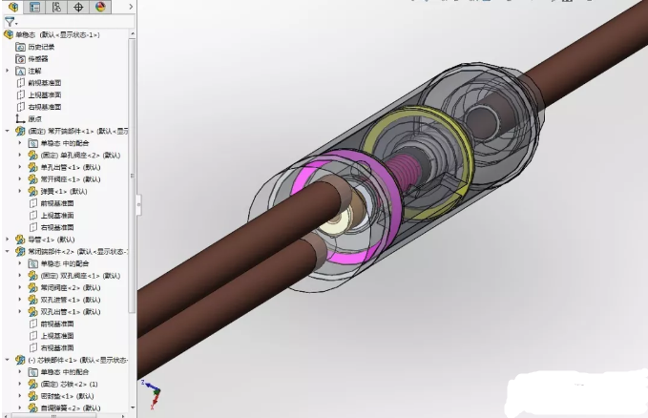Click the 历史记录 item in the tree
tap(41, 47)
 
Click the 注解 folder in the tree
tap(35, 71)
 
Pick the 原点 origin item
tap(35, 118)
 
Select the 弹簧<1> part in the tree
tap(53, 191)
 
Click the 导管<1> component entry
tap(46, 240)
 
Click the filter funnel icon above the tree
tap(9, 21)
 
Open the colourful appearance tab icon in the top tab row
tap(100, 7)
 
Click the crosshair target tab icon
tap(78, 7)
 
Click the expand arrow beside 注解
tap(8, 71)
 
